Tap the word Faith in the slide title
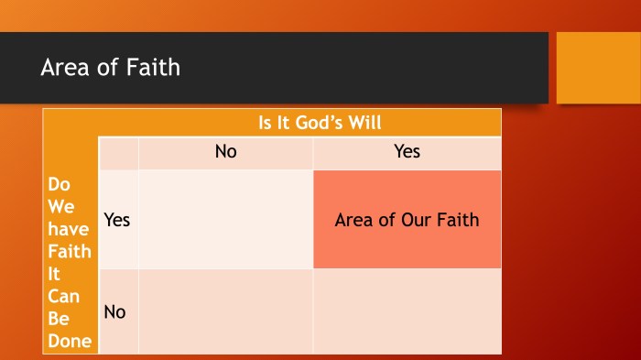pos(155,67)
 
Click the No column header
pos(225,152)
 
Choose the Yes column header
pos(407,152)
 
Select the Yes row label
pos(117,220)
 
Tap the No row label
pos(115,312)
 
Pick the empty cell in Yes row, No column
pos(225,220)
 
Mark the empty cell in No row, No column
pos(225,311)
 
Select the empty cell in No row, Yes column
pos(407,311)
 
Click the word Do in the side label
pos(58,185)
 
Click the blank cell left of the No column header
pos(118,153)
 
